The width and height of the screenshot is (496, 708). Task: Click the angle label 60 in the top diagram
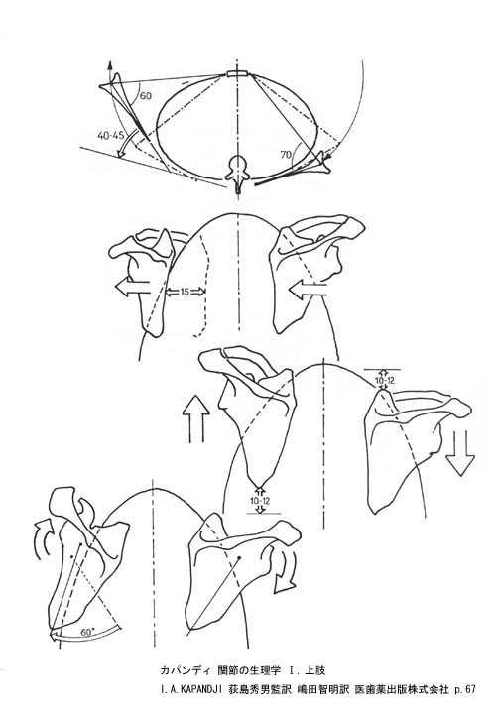click(x=146, y=96)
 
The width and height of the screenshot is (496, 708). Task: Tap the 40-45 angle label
click(x=111, y=135)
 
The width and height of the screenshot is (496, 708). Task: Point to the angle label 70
click(x=286, y=155)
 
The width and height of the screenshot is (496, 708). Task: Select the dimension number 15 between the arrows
click(x=185, y=292)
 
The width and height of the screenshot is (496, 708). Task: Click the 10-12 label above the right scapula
click(x=385, y=381)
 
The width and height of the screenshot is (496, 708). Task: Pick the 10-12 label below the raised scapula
click(x=260, y=501)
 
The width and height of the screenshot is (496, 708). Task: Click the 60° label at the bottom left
click(x=87, y=633)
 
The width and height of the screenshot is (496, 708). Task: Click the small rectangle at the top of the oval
click(x=237, y=74)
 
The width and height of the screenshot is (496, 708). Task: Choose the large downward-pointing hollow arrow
click(x=460, y=453)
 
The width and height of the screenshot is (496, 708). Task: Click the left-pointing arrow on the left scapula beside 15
click(x=132, y=288)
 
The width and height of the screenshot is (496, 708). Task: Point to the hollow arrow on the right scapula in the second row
click(x=308, y=290)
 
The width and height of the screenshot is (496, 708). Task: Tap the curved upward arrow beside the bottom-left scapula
click(x=45, y=536)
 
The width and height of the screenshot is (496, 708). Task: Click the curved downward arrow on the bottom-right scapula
click(x=285, y=570)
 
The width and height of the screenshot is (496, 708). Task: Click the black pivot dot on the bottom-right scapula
click(x=239, y=558)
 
